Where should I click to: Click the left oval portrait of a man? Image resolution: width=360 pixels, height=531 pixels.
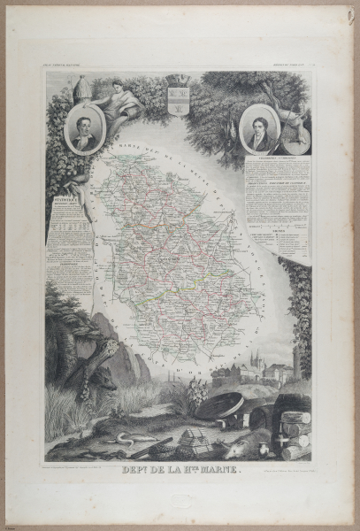[84, 131]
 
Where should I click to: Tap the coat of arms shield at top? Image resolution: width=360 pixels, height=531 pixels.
[176, 95]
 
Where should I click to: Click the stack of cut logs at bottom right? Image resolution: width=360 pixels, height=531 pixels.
[295, 432]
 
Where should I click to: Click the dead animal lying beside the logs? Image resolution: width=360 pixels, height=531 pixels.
[257, 438]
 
